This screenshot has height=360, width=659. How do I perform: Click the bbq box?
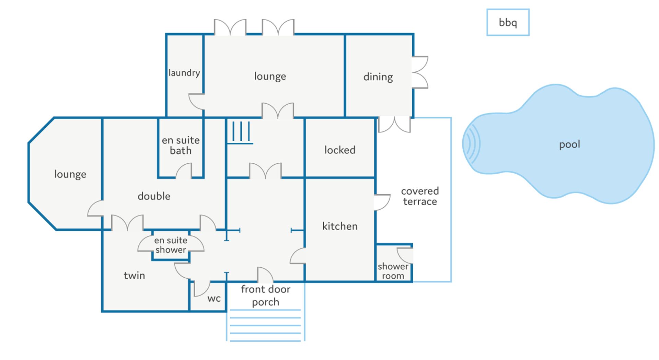pos(508,22)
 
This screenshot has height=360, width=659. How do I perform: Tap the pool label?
pos(569,144)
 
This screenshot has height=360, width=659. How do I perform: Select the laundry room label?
pos(184,73)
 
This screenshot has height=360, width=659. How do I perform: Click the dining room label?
pos(378,77)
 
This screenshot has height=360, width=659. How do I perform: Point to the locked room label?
pos(340,150)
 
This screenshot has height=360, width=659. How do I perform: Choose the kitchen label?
pos(340,226)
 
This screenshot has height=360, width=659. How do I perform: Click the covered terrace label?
pos(420,196)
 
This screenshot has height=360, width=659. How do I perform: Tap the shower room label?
pos(393,271)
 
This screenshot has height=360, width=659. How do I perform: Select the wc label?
pos(214,299)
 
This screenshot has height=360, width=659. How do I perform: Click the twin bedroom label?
pos(134,276)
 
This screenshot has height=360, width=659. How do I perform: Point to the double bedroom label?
pos(154,196)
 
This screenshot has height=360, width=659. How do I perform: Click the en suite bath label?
pos(181,145)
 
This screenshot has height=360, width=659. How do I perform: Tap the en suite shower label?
pos(171,245)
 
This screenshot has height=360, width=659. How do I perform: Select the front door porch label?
pos(265,295)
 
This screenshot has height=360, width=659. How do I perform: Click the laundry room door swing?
pos(197,101)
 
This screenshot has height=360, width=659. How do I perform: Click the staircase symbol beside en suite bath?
pos(241,132)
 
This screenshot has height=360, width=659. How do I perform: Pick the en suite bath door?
pos(184,171)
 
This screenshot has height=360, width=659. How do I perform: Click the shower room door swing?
pos(405,255)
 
